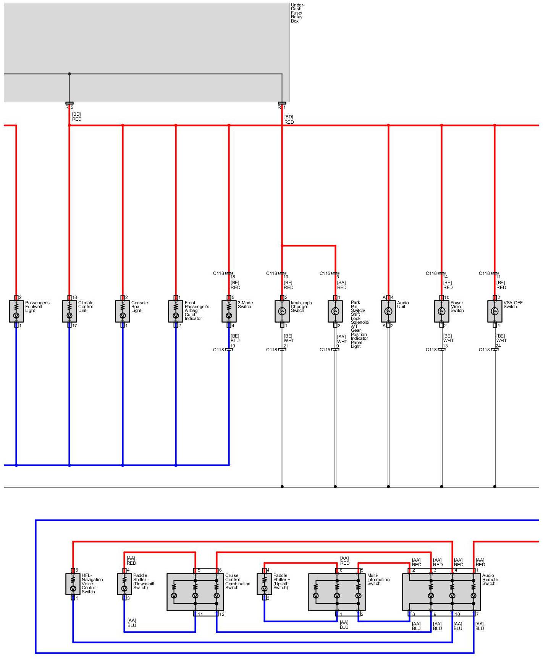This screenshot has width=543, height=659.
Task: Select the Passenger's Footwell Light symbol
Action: pyautogui.click(x=16, y=311)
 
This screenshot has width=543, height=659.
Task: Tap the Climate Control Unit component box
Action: pyautogui.click(x=69, y=311)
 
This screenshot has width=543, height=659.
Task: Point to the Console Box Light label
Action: pyautogui.click(x=139, y=307)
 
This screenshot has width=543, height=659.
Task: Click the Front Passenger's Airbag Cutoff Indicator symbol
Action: pyautogui.click(x=176, y=311)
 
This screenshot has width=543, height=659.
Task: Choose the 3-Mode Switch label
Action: pyautogui.click(x=245, y=305)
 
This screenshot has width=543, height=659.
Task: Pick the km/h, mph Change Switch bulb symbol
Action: pyautogui.click(x=282, y=311)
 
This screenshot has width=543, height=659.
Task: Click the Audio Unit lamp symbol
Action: pyautogui.click(x=388, y=311)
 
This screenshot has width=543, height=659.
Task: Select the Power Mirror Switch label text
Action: pyautogui.click(x=457, y=307)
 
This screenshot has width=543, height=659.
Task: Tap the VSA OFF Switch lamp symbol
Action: pyautogui.click(x=495, y=311)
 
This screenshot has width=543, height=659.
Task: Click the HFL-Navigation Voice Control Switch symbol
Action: pyautogui.click(x=73, y=584)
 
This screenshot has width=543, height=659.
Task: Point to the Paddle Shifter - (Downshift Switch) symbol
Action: pyautogui.click(x=124, y=584)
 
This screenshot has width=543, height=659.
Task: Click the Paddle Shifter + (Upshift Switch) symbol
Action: pyautogui.click(x=264, y=584)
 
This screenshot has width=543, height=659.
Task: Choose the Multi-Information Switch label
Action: pyautogui.click(x=378, y=580)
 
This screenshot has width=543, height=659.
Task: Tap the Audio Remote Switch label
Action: pyautogui.click(x=490, y=580)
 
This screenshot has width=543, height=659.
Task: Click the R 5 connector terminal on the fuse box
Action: pyautogui.click(x=69, y=103)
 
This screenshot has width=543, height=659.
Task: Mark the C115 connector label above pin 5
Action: pyautogui.click(x=325, y=273)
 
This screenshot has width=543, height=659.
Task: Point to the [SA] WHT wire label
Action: pyautogui.click(x=342, y=339)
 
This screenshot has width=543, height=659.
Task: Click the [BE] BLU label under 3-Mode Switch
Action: pyautogui.click(x=235, y=338)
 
